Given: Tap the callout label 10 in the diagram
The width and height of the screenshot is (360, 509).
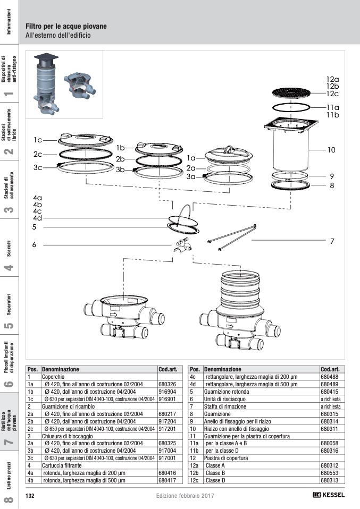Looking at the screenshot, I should [x=331, y=150].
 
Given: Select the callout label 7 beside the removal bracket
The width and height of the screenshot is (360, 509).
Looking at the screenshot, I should [x=332, y=241].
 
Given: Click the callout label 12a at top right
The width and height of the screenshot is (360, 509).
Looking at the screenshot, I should [x=332, y=79].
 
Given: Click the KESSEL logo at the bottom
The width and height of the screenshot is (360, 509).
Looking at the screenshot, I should [x=329, y=495].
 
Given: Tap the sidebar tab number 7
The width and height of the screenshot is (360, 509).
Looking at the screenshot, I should [x=8, y=442].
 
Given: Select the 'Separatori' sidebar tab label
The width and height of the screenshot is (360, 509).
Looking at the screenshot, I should [x=10, y=302].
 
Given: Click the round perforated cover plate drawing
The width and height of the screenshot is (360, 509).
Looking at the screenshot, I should [x=294, y=93].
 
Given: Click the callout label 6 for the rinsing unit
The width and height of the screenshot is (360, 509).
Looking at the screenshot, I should [x=34, y=245].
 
